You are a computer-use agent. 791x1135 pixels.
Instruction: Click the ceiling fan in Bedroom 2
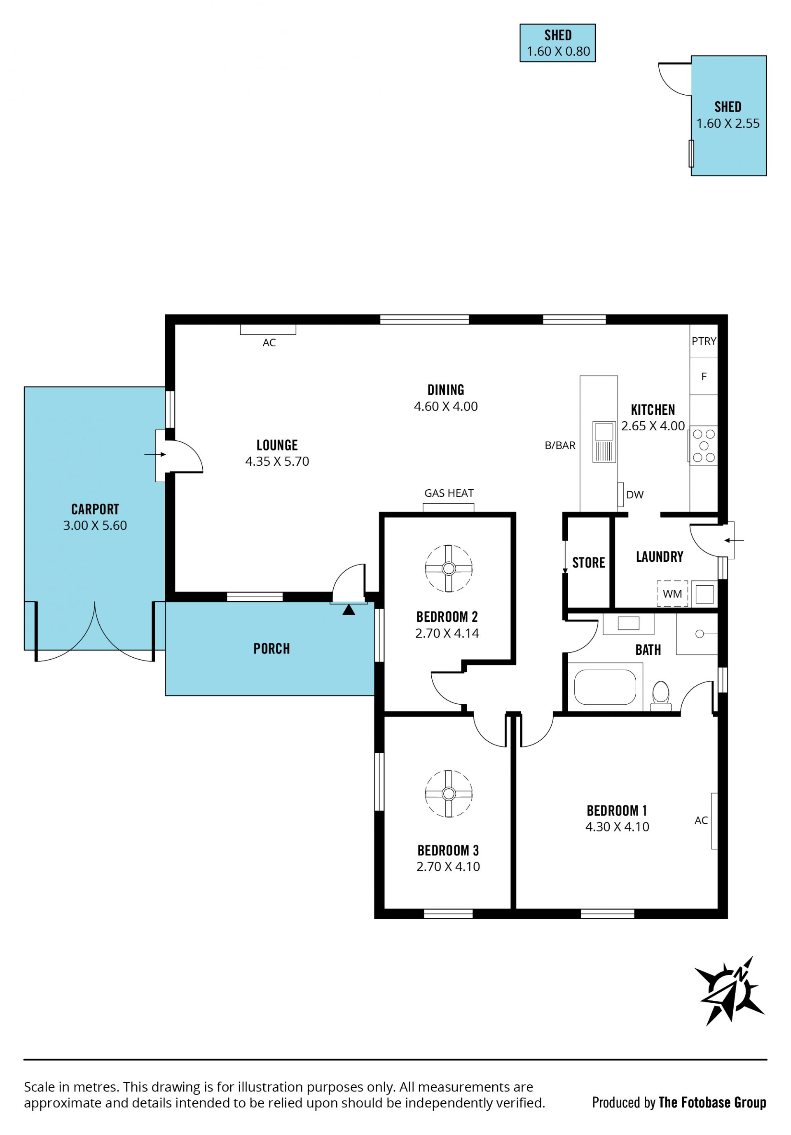[x=448, y=568]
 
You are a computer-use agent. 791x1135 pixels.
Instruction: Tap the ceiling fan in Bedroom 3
[x=448, y=794]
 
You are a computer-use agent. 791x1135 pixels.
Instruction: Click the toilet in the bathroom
[x=661, y=696]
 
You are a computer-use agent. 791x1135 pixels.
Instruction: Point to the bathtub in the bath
[x=605, y=687]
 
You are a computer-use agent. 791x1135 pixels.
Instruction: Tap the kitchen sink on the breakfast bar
[x=604, y=442]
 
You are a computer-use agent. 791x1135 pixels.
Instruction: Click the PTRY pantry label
[x=704, y=341]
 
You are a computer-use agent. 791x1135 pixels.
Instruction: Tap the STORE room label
[x=588, y=563]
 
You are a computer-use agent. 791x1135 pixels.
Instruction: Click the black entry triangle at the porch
[x=349, y=610]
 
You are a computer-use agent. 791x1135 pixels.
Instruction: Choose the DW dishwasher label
[x=635, y=494]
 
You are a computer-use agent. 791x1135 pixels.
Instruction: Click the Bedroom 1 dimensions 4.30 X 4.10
[x=617, y=827]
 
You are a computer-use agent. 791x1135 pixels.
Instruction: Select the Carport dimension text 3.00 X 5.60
[x=95, y=525]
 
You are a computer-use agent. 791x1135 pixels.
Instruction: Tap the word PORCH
[x=271, y=649]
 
